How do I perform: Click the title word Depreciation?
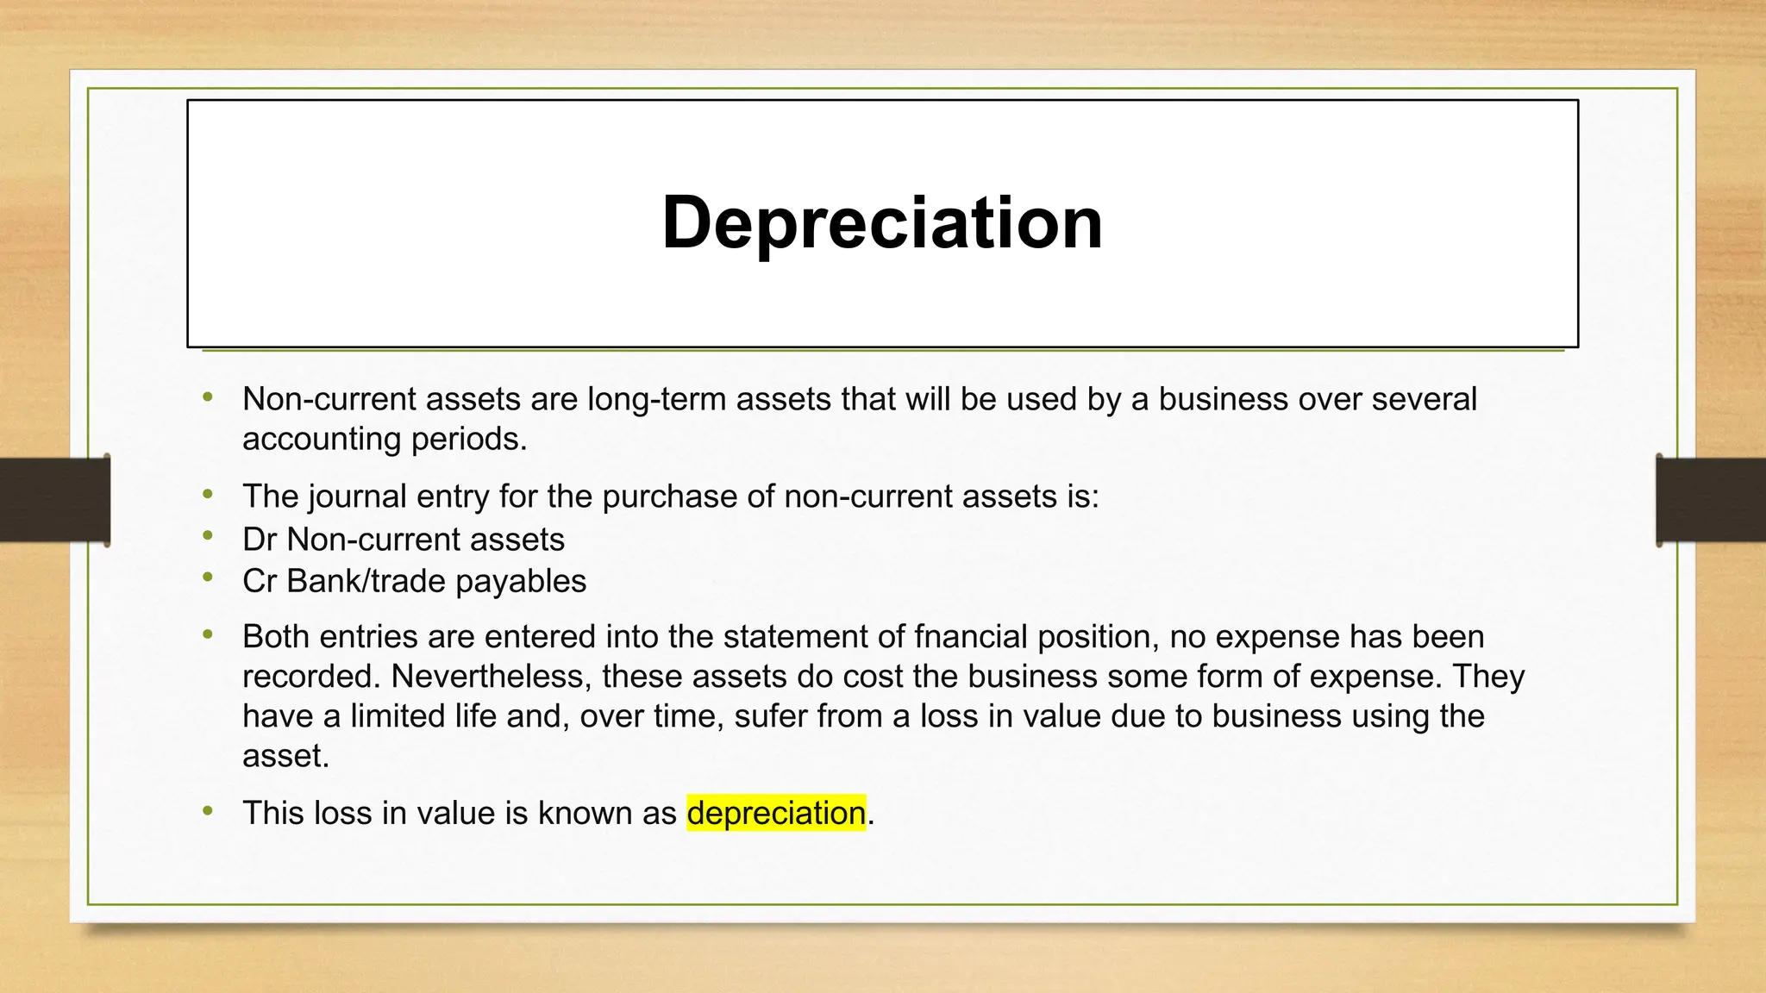pyautogui.click(x=882, y=222)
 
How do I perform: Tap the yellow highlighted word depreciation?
pyautogui.click(x=776, y=813)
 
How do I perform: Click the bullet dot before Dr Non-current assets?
pyautogui.click(x=208, y=536)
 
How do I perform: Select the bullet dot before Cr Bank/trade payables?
pyautogui.click(x=208, y=578)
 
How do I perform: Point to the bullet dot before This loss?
pyautogui.click(x=208, y=810)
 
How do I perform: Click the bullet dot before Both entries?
pyautogui.click(x=208, y=634)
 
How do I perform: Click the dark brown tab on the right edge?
pyautogui.click(x=1711, y=500)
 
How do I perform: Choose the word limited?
pyautogui.click(x=398, y=715)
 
